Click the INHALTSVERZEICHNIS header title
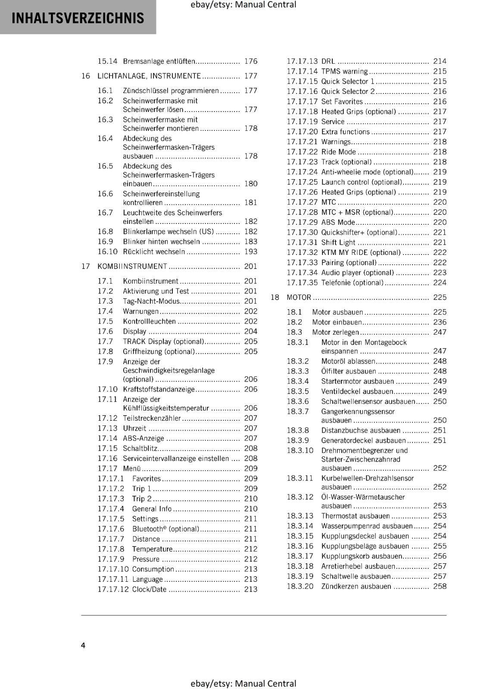78,18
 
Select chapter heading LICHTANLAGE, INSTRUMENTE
149,76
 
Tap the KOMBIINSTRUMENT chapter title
132,267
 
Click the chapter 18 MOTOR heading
299,298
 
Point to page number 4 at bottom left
83,645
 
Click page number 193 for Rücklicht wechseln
250,252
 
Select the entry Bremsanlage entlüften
159,62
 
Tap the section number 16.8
105,232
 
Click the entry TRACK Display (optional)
163,341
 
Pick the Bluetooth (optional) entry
165,529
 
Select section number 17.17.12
113,590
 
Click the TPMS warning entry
344,71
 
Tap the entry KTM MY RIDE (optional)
361,253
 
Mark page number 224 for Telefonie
440,283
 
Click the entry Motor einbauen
337,322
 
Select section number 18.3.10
300,450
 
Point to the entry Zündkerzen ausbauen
356,587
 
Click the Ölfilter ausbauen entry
348,371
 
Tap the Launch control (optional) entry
362,182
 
